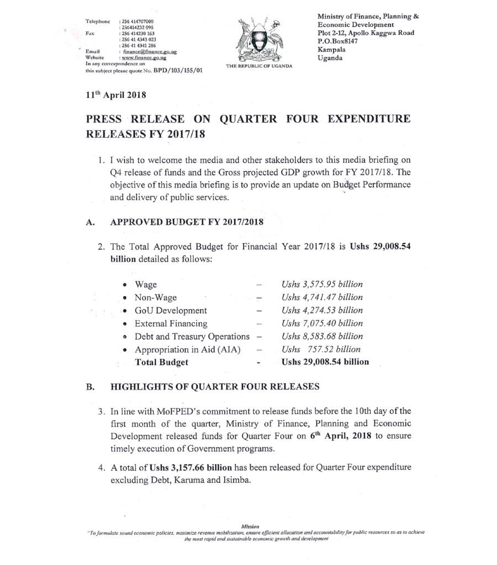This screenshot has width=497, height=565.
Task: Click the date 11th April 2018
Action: coord(115,95)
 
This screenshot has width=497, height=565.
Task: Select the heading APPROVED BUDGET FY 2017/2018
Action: coord(187,222)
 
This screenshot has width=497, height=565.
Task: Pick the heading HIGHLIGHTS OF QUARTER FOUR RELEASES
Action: coord(215,387)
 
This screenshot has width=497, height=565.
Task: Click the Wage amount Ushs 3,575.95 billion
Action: coord(321,285)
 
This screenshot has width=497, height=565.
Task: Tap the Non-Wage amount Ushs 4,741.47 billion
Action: coord(321,298)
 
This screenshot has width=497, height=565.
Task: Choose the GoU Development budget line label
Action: coord(171,311)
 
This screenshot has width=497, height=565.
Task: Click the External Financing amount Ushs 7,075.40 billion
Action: coord(321,324)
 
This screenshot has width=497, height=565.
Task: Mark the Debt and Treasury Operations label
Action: coord(192,337)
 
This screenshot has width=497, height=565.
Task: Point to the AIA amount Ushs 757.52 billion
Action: coord(321,349)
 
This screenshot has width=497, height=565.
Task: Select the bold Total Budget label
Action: coord(161,363)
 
